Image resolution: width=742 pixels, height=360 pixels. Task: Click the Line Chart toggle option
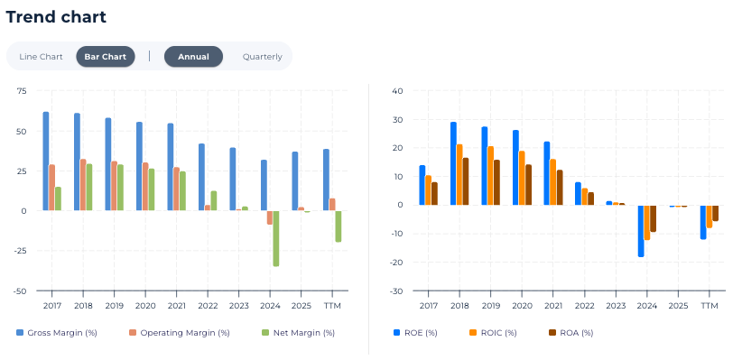coord(41,57)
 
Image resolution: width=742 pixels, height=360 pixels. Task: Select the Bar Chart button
coord(106,57)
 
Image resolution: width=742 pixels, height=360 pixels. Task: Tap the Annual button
coord(193,57)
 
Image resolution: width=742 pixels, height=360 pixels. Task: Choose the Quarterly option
coord(262,57)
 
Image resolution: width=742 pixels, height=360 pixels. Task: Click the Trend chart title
coord(56,17)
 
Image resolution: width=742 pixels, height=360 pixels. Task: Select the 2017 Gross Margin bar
coord(46,162)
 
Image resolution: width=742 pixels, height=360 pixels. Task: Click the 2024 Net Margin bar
coord(276,238)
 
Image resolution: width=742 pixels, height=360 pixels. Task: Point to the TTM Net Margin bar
coord(339,226)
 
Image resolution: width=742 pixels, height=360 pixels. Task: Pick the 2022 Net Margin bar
coord(214,200)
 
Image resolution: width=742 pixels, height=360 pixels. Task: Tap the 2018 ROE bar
coord(453,163)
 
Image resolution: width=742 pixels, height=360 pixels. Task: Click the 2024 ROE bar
coord(641,231)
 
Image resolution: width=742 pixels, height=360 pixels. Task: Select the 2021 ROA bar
coord(560,188)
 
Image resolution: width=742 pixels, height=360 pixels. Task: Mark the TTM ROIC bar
coord(710,217)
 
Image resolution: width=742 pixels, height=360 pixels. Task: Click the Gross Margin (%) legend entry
coord(57,333)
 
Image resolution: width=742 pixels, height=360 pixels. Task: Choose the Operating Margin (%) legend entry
coord(180,333)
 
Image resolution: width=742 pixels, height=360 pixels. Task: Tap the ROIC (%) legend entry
coord(493,333)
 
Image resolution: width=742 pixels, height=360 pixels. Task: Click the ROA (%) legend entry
coord(570,333)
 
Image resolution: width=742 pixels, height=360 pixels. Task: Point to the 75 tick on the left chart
coord(23,91)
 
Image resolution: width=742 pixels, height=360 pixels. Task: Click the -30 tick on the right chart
coord(396,291)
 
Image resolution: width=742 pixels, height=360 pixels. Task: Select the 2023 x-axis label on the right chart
coord(616,306)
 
